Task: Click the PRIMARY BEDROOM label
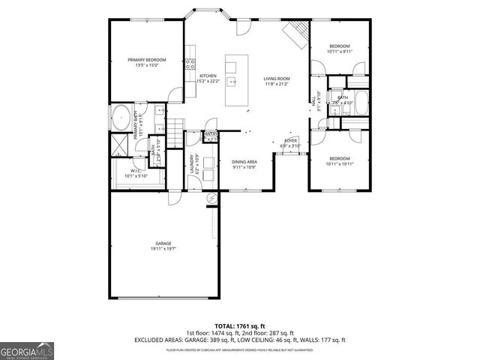point(146,60)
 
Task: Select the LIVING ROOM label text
point(276,78)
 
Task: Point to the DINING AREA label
point(244,162)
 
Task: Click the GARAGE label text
point(163,243)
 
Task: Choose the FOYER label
point(290,140)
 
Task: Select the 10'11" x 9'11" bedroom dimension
point(339,52)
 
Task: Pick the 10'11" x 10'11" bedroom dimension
point(339,163)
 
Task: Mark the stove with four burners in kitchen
point(190,64)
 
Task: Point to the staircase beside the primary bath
point(174,127)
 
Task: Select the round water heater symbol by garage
point(211,198)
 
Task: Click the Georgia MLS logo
point(25,350)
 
